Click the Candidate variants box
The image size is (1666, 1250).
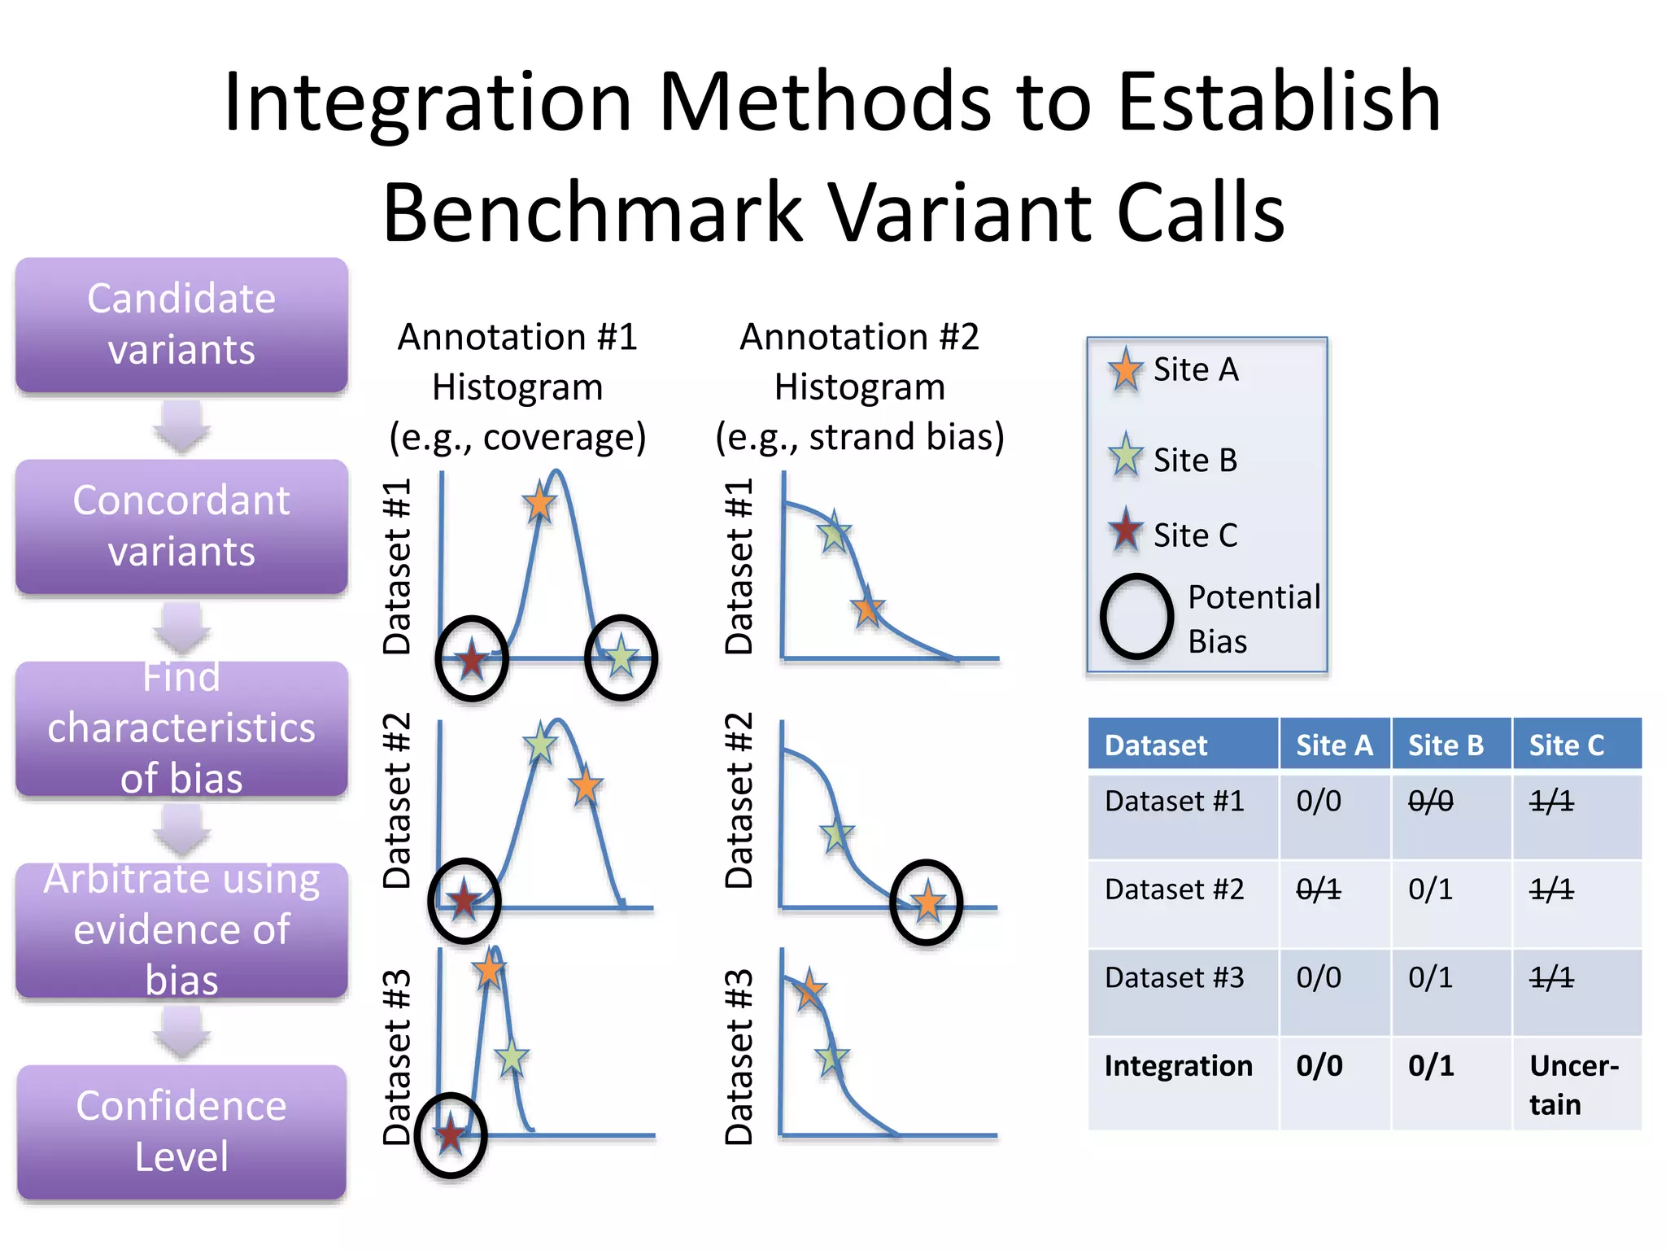click(181, 325)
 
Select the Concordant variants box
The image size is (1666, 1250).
click(181, 527)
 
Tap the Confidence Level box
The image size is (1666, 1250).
click(181, 1131)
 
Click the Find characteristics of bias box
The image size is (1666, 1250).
click(181, 728)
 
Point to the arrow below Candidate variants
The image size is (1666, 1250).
click(181, 426)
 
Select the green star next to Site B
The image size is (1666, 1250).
click(1125, 457)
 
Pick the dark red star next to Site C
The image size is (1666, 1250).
click(1125, 531)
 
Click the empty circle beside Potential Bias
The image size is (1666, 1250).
click(1136, 617)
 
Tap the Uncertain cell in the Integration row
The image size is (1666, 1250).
click(1574, 1084)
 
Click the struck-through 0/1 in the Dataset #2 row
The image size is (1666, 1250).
click(1318, 889)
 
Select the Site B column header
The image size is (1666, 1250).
click(1446, 745)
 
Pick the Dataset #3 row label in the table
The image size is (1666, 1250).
click(1174, 977)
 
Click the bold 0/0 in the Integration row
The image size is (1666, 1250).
click(1319, 1065)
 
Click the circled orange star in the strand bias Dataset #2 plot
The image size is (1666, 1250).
click(927, 903)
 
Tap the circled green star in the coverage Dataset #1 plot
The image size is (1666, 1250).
click(621, 657)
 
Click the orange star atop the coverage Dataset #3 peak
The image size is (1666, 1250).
click(489, 970)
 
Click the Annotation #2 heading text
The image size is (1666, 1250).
click(859, 337)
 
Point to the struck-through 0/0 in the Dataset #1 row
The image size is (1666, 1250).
click(1430, 802)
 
